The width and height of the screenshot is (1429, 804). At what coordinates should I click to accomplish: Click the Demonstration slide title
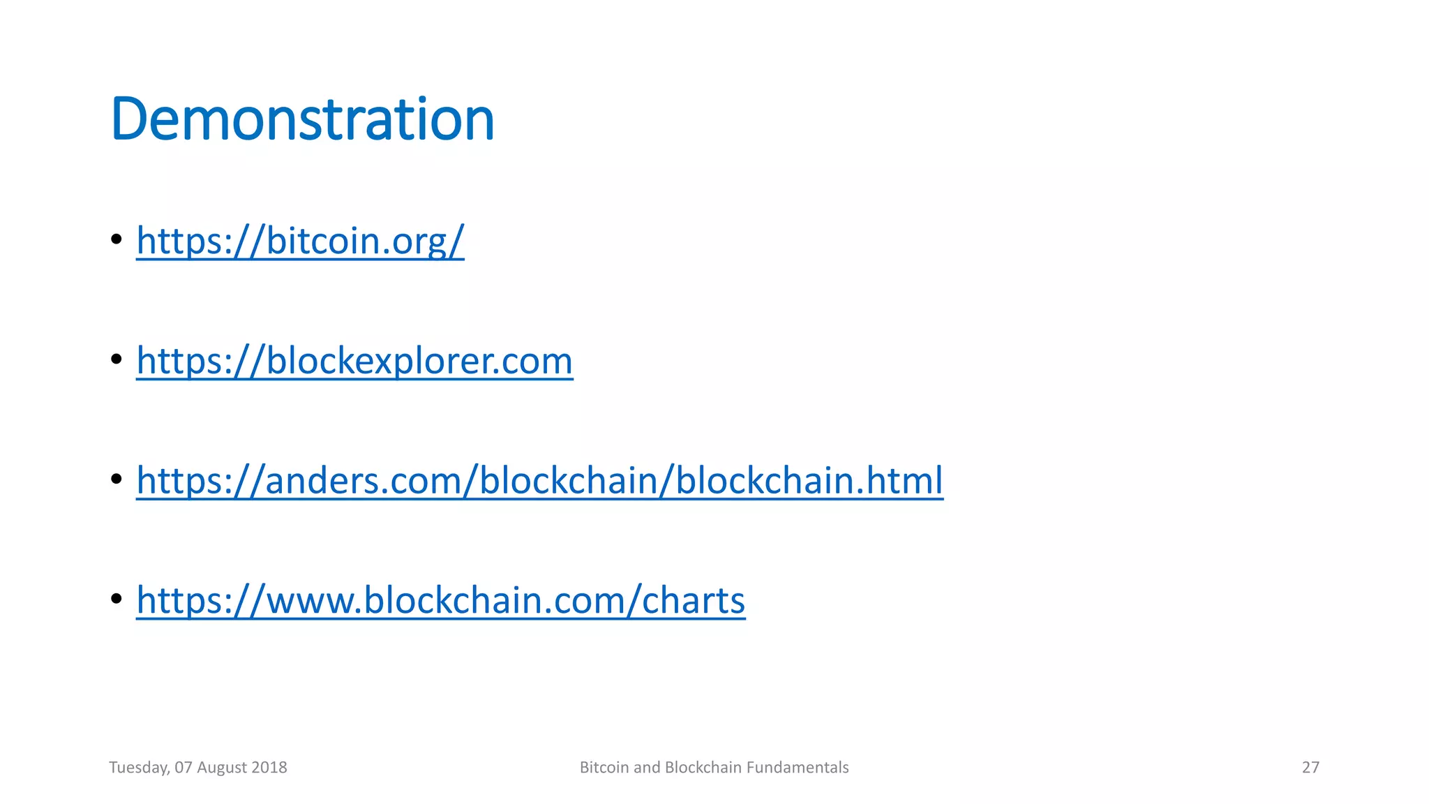302,119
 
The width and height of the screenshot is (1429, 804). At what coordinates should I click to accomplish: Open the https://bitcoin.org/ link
300,241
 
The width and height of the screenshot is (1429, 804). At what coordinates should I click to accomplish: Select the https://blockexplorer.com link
354,361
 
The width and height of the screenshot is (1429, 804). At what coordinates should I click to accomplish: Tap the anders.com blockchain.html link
539,481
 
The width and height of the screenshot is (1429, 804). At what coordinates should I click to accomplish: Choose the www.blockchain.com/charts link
440,600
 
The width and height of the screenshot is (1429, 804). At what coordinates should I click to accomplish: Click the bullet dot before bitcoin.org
117,239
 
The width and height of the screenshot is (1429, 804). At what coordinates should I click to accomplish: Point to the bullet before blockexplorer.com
117,359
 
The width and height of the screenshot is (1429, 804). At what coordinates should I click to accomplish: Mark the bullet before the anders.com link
117,479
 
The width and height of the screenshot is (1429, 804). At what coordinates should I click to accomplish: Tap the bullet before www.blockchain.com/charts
117,599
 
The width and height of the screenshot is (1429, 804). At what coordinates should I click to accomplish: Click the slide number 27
1310,768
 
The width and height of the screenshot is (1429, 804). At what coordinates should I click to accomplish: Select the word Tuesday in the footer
139,768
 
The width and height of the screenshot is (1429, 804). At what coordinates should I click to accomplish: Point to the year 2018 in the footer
269,768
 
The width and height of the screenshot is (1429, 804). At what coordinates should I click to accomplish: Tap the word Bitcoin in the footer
604,768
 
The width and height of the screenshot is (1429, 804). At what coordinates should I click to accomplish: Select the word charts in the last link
693,600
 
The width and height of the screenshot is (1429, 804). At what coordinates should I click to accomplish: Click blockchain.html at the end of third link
809,481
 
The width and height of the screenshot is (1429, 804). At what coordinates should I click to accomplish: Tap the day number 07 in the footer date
184,768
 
